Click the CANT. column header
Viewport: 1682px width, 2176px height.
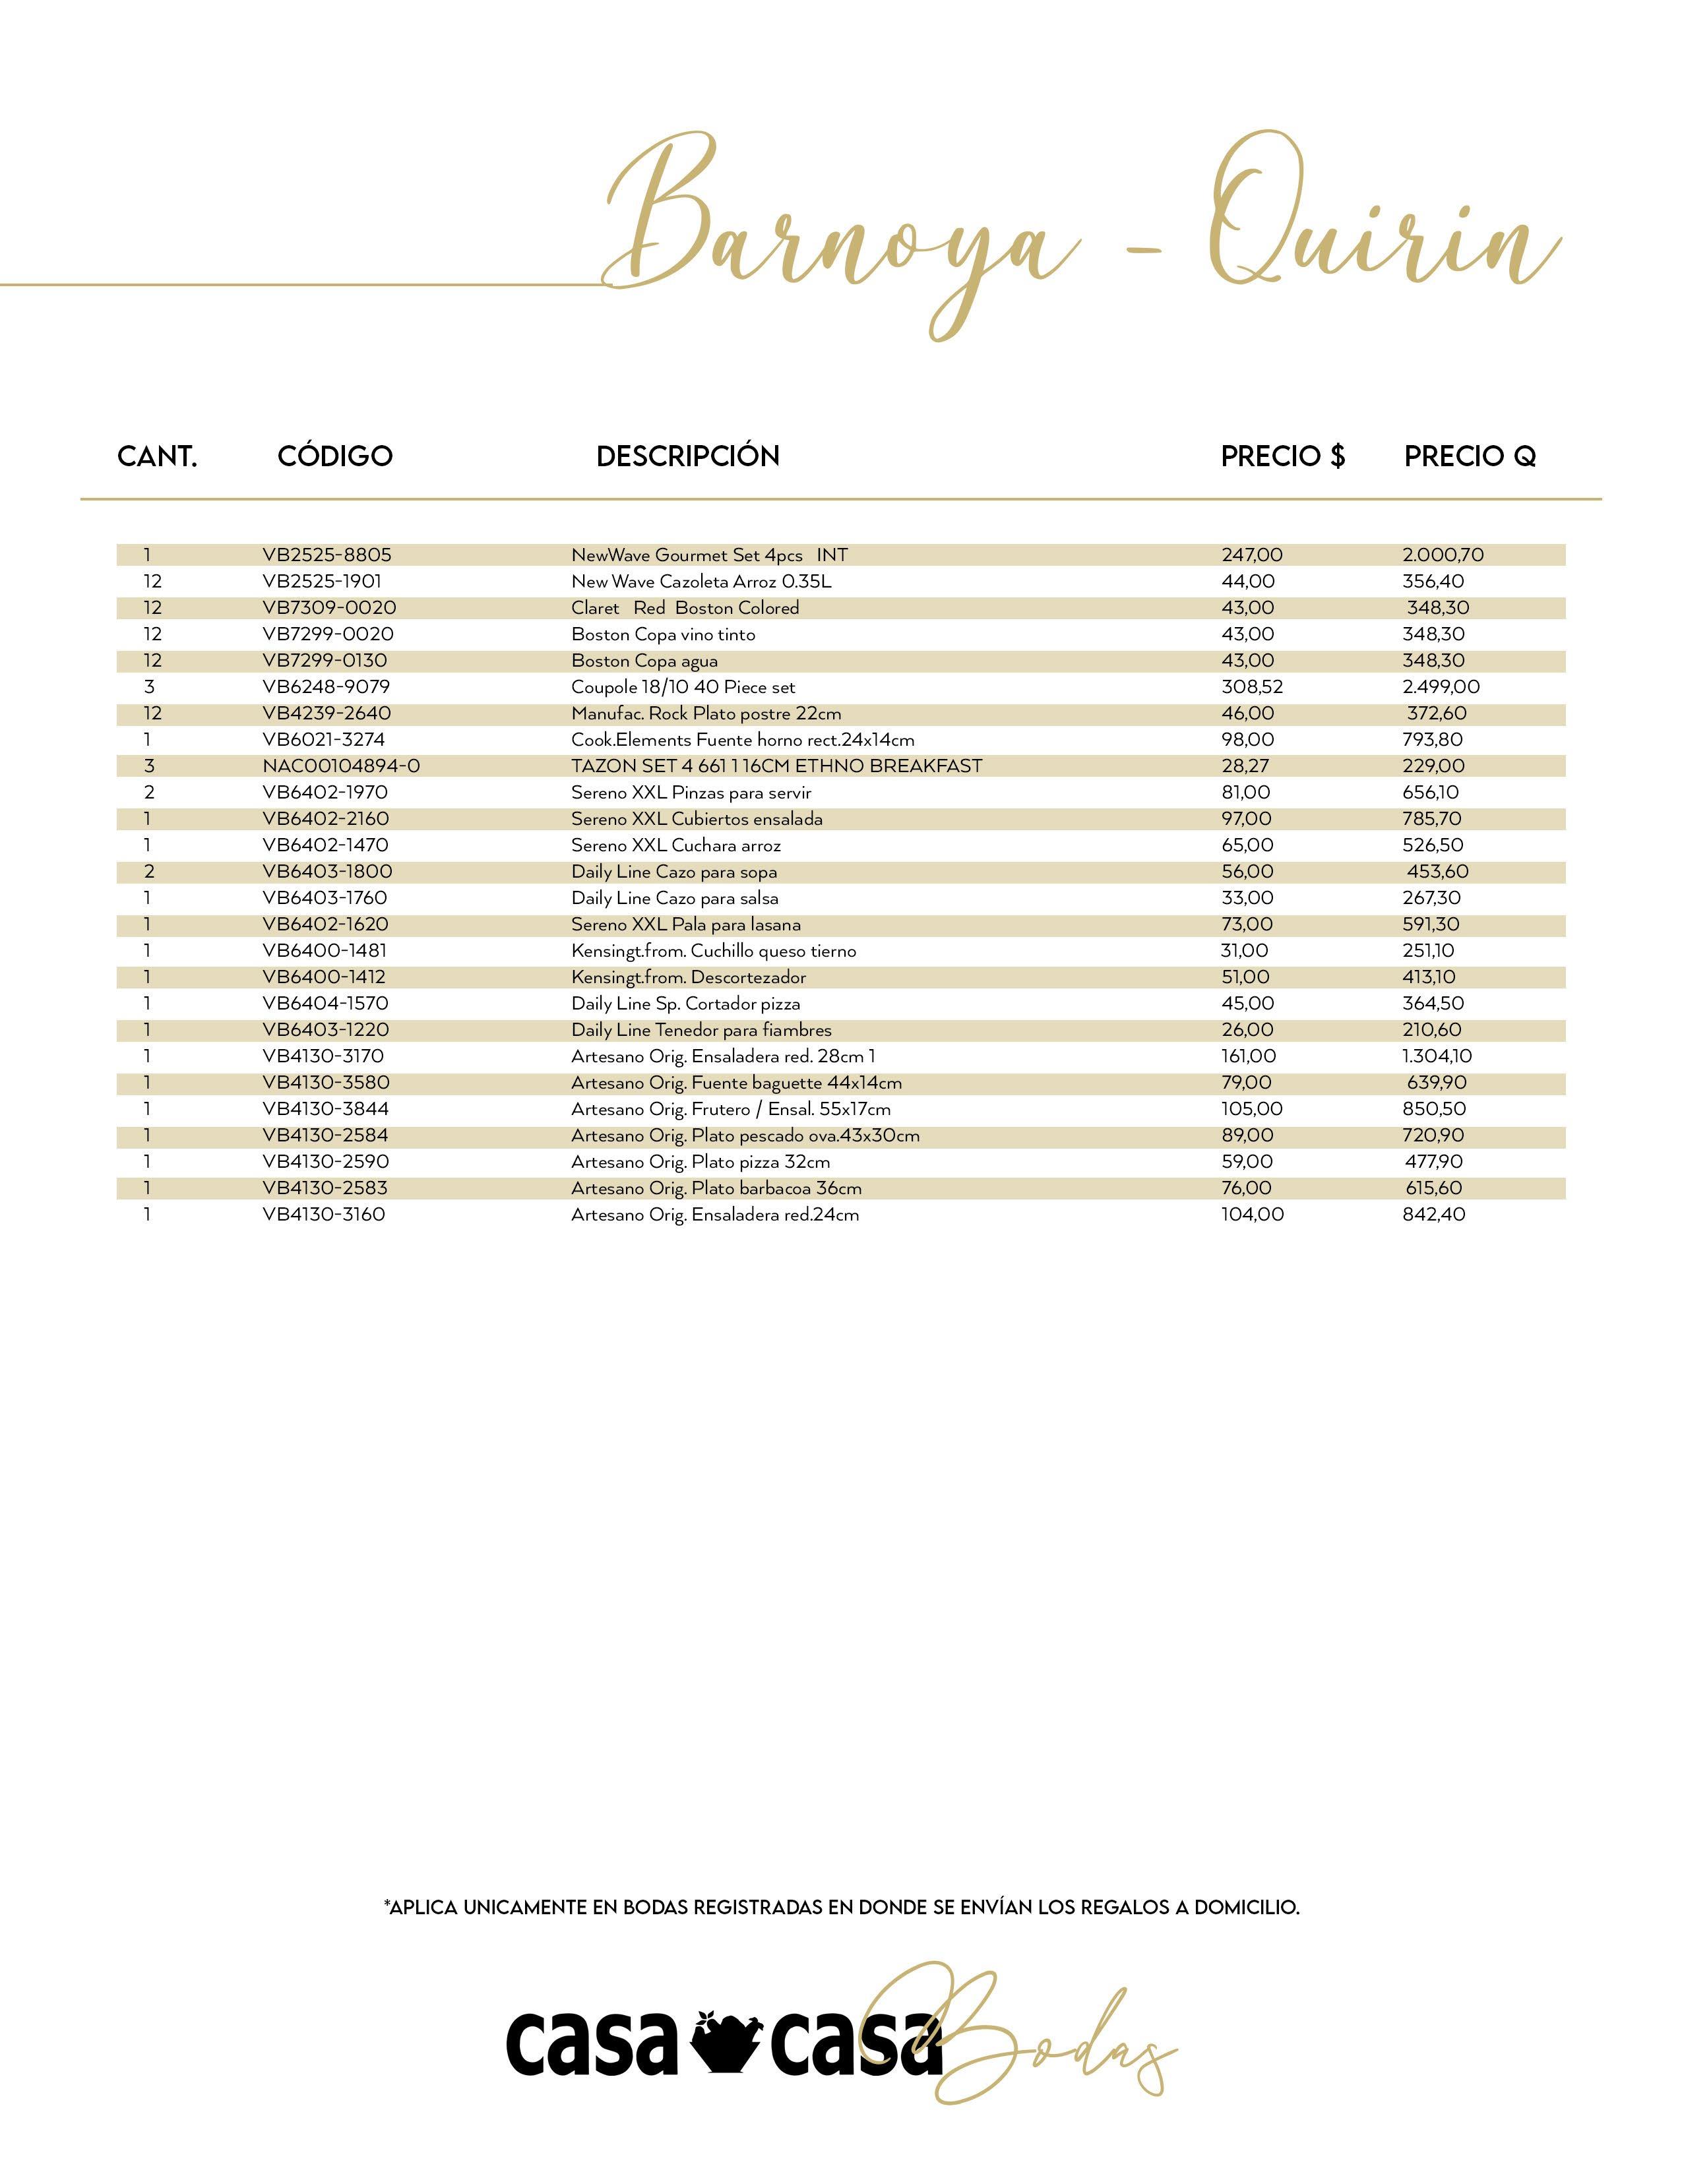(158, 456)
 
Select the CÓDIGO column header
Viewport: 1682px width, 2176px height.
(335, 456)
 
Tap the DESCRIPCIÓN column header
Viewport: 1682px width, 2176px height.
(687, 456)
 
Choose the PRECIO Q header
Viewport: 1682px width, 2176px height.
(1470, 456)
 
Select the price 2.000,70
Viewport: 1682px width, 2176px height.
(1443, 555)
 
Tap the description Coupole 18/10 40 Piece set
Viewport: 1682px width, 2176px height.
(683, 688)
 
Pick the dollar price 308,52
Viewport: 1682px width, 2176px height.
(1251, 688)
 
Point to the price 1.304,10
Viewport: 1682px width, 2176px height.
(1437, 1056)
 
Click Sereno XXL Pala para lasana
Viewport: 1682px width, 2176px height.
(685, 924)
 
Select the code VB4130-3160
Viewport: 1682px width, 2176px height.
(324, 1215)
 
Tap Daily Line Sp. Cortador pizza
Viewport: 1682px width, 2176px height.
(685, 1004)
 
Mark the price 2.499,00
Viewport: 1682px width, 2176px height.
(1441, 688)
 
